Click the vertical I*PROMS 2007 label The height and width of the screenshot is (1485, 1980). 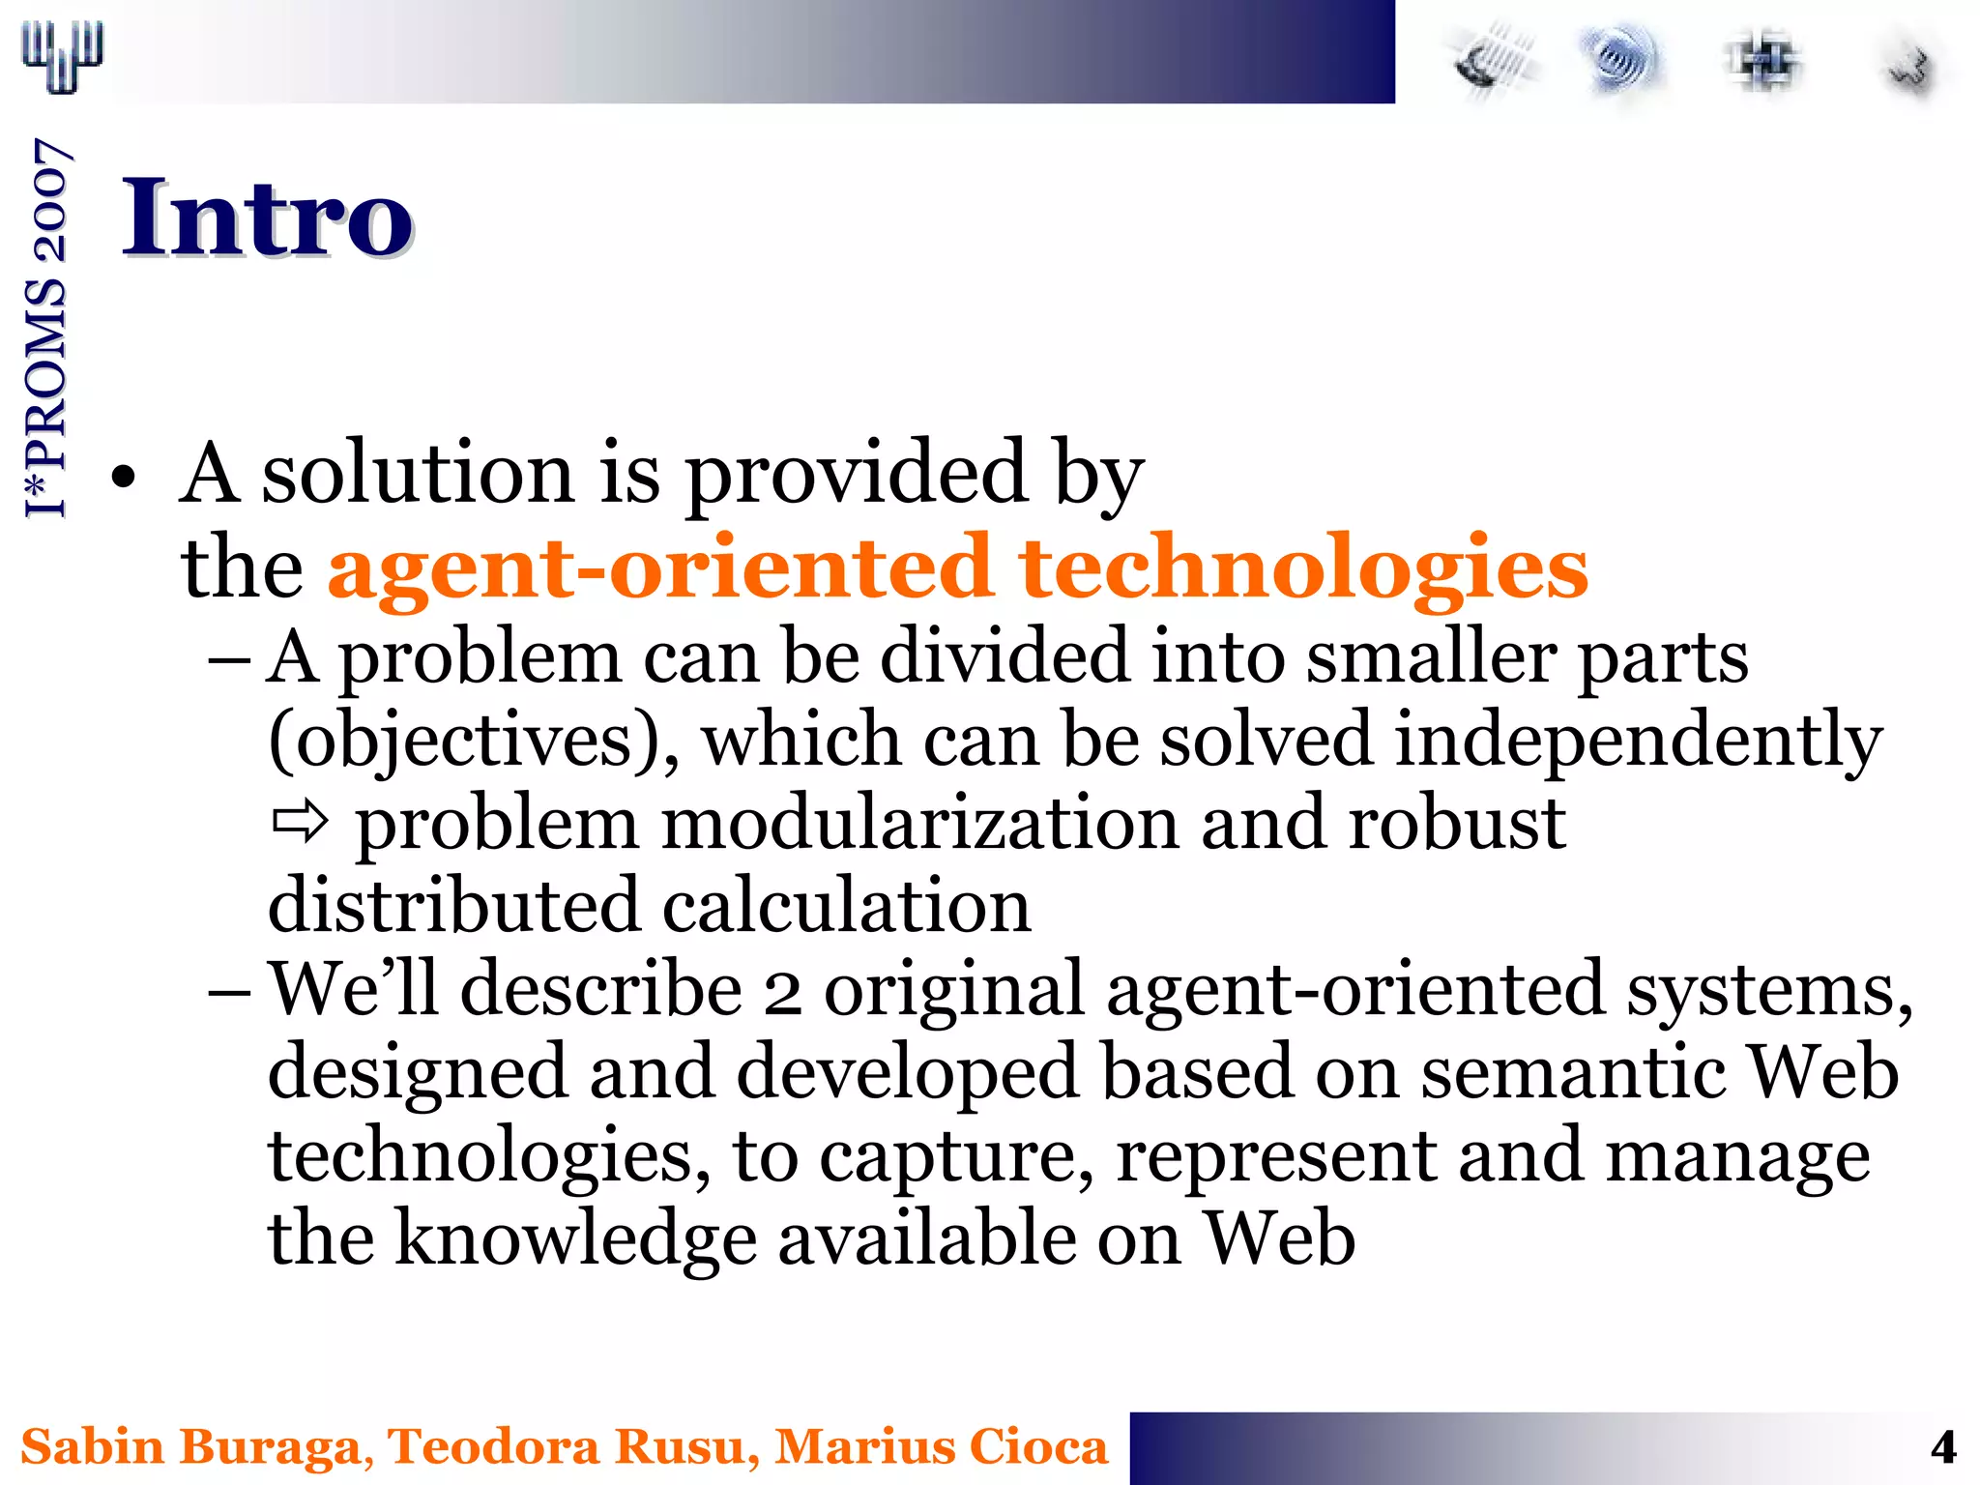46,329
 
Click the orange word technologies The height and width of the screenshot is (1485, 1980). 1303,568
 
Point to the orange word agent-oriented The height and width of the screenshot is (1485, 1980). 659,568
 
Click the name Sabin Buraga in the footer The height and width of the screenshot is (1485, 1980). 189,1448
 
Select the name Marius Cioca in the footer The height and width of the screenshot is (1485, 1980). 941,1448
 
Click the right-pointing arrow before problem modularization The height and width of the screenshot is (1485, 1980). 300,824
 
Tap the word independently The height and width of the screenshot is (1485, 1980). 1638,741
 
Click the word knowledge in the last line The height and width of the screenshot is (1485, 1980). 576,1239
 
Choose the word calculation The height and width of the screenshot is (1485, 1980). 847,907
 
